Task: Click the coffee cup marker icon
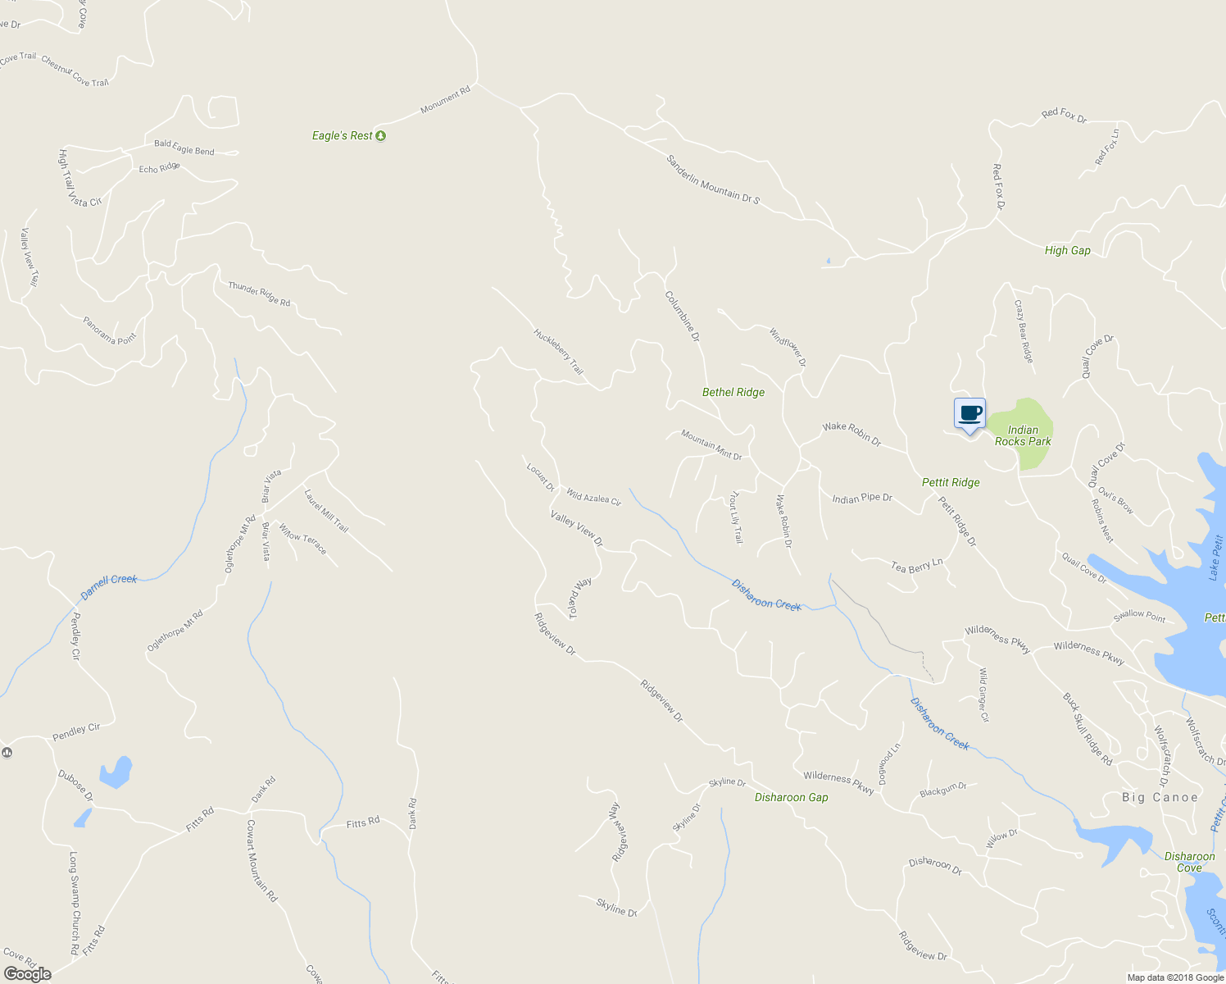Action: click(x=969, y=413)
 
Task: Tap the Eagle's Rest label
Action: click(x=342, y=135)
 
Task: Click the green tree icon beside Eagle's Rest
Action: click(x=380, y=135)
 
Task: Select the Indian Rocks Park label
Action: click(x=1023, y=435)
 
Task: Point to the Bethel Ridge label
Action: click(x=733, y=392)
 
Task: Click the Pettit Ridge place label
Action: click(x=951, y=482)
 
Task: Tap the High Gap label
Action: click(x=1067, y=250)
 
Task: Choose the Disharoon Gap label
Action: click(x=791, y=797)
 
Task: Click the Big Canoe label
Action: click(x=1160, y=797)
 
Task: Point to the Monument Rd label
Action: click(x=446, y=100)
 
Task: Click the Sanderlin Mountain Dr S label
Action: click(x=713, y=180)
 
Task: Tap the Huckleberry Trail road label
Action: click(x=558, y=352)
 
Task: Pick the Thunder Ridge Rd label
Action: click(x=259, y=294)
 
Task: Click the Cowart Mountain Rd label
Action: click(x=261, y=860)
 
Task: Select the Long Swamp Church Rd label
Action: click(x=74, y=902)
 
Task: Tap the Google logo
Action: click(x=27, y=973)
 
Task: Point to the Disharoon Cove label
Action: click(x=1189, y=862)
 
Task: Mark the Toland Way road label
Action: click(x=580, y=598)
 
